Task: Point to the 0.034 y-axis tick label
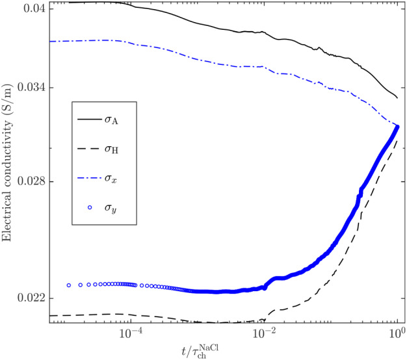point(30,88)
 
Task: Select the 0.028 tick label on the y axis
point(30,181)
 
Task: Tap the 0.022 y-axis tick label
point(30,298)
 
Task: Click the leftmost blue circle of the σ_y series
point(69,285)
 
